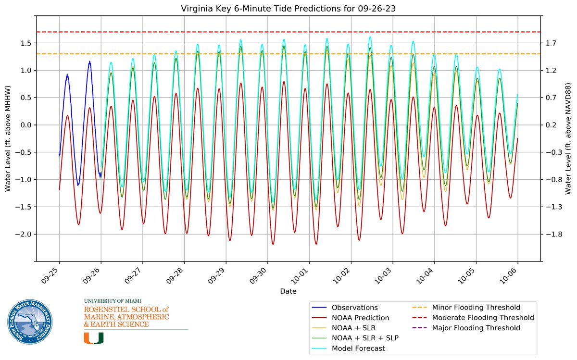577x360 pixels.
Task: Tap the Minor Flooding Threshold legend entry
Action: click(x=476, y=308)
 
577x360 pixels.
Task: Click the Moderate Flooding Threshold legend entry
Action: click(x=483, y=318)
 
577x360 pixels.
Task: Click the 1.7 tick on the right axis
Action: click(x=551, y=43)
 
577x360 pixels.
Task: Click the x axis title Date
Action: click(x=288, y=291)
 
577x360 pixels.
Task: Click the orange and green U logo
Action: click(x=94, y=338)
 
